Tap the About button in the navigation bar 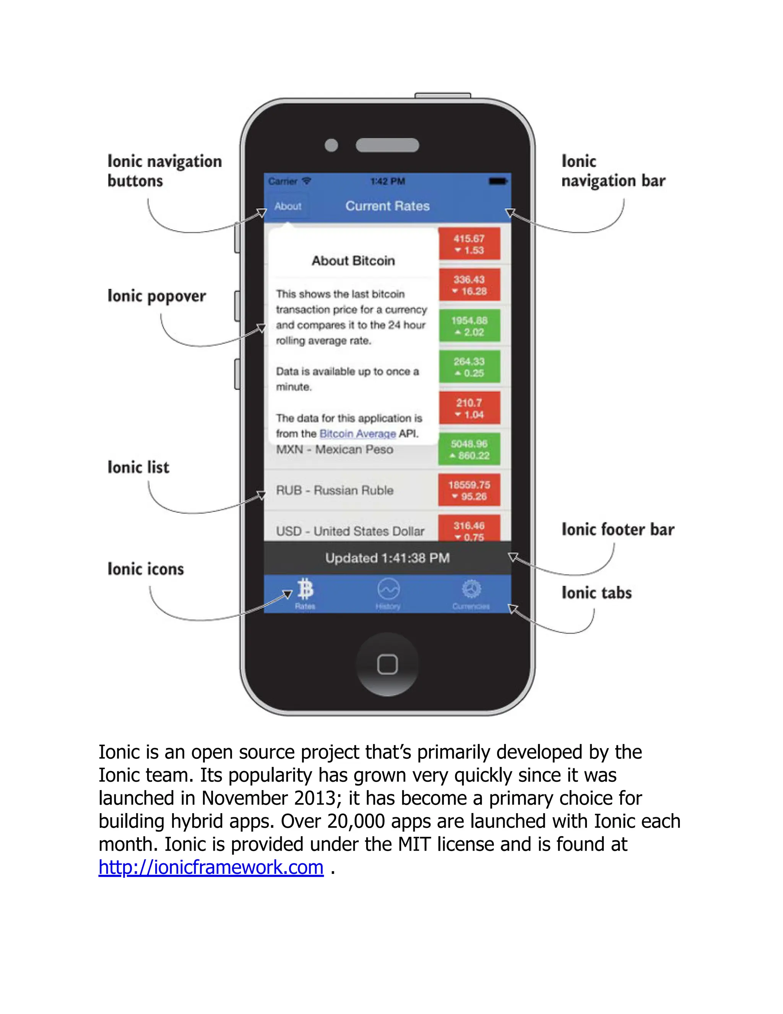(288, 206)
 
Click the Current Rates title (387, 206)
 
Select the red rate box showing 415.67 (469, 244)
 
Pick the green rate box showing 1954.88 (469, 326)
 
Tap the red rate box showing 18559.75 (469, 490)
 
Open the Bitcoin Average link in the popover (357, 434)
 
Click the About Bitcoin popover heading (353, 261)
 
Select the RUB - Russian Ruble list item (335, 490)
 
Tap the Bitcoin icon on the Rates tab (305, 589)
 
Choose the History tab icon (388, 590)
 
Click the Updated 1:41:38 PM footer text (387, 558)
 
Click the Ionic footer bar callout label (618, 530)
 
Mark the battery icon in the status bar (498, 181)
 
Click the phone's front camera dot (331, 145)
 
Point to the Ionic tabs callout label (596, 593)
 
